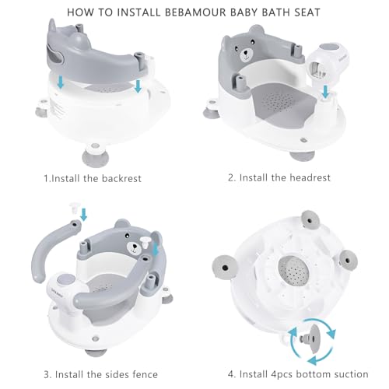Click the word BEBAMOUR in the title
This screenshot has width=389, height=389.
[x=198, y=12]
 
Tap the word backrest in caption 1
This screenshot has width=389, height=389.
[x=121, y=178]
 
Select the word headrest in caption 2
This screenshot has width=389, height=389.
[x=310, y=177]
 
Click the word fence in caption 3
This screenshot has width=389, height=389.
[x=145, y=374]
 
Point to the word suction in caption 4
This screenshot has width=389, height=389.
[x=350, y=374]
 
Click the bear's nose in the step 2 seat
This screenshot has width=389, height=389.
[x=245, y=53]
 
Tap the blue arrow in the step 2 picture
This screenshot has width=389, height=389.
[x=325, y=92]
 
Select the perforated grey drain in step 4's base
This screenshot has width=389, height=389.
[x=294, y=271]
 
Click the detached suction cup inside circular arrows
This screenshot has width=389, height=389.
[x=313, y=338]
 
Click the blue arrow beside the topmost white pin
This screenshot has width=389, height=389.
[x=83, y=215]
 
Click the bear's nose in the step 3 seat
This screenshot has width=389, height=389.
[x=135, y=246]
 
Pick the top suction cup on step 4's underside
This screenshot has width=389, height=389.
[x=310, y=220]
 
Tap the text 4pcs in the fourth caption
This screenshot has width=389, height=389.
[x=282, y=375]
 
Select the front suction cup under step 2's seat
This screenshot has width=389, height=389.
[x=302, y=156]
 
